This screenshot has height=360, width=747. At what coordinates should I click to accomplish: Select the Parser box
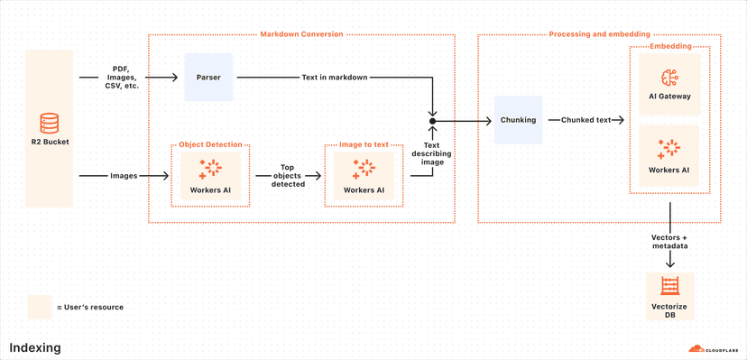pyautogui.click(x=208, y=78)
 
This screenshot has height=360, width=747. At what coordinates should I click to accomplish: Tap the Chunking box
pyautogui.click(x=518, y=120)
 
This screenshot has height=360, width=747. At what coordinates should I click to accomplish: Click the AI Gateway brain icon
pyautogui.click(x=669, y=77)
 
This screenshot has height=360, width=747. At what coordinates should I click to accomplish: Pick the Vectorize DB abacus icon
pyautogui.click(x=669, y=287)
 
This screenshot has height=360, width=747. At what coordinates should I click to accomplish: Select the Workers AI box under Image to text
pyautogui.click(x=363, y=175)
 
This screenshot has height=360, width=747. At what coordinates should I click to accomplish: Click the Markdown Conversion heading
pyautogui.click(x=301, y=34)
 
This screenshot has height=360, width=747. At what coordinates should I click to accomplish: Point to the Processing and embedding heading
pyautogui.click(x=598, y=34)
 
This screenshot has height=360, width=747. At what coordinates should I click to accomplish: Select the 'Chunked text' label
pyautogui.click(x=586, y=120)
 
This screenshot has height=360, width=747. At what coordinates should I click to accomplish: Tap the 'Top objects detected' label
pyautogui.click(x=288, y=176)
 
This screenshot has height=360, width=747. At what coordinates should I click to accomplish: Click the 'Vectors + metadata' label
pyautogui.click(x=669, y=241)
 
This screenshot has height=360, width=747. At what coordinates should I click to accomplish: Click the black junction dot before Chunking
pyautogui.click(x=432, y=120)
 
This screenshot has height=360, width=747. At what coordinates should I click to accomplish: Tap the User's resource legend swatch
pyautogui.click(x=39, y=307)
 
